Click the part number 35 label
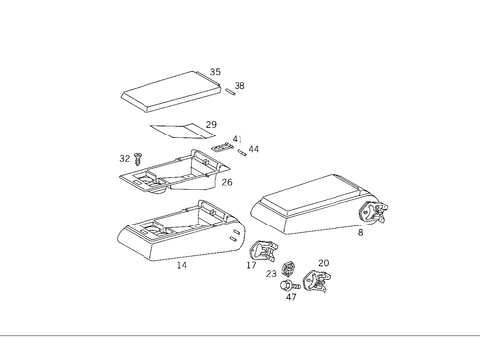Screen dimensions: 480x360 (215, 72)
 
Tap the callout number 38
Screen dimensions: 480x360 (240, 86)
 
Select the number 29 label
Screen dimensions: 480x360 (210, 125)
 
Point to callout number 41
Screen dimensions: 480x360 (237, 139)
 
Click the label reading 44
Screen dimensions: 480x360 (254, 149)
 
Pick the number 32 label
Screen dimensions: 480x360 (125, 158)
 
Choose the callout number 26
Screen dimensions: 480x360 (227, 182)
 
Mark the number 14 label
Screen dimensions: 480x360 (181, 266)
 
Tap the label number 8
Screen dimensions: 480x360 (360, 233)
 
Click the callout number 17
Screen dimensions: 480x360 (251, 265)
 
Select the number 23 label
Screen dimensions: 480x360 (271, 274)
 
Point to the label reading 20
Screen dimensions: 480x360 (323, 263)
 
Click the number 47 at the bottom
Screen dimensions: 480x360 (291, 297)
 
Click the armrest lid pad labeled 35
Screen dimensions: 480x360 (166, 91)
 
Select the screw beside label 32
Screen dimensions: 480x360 (138, 156)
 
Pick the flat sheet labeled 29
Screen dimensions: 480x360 (182, 129)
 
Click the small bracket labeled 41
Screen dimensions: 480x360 (221, 147)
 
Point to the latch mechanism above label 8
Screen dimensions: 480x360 (373, 213)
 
